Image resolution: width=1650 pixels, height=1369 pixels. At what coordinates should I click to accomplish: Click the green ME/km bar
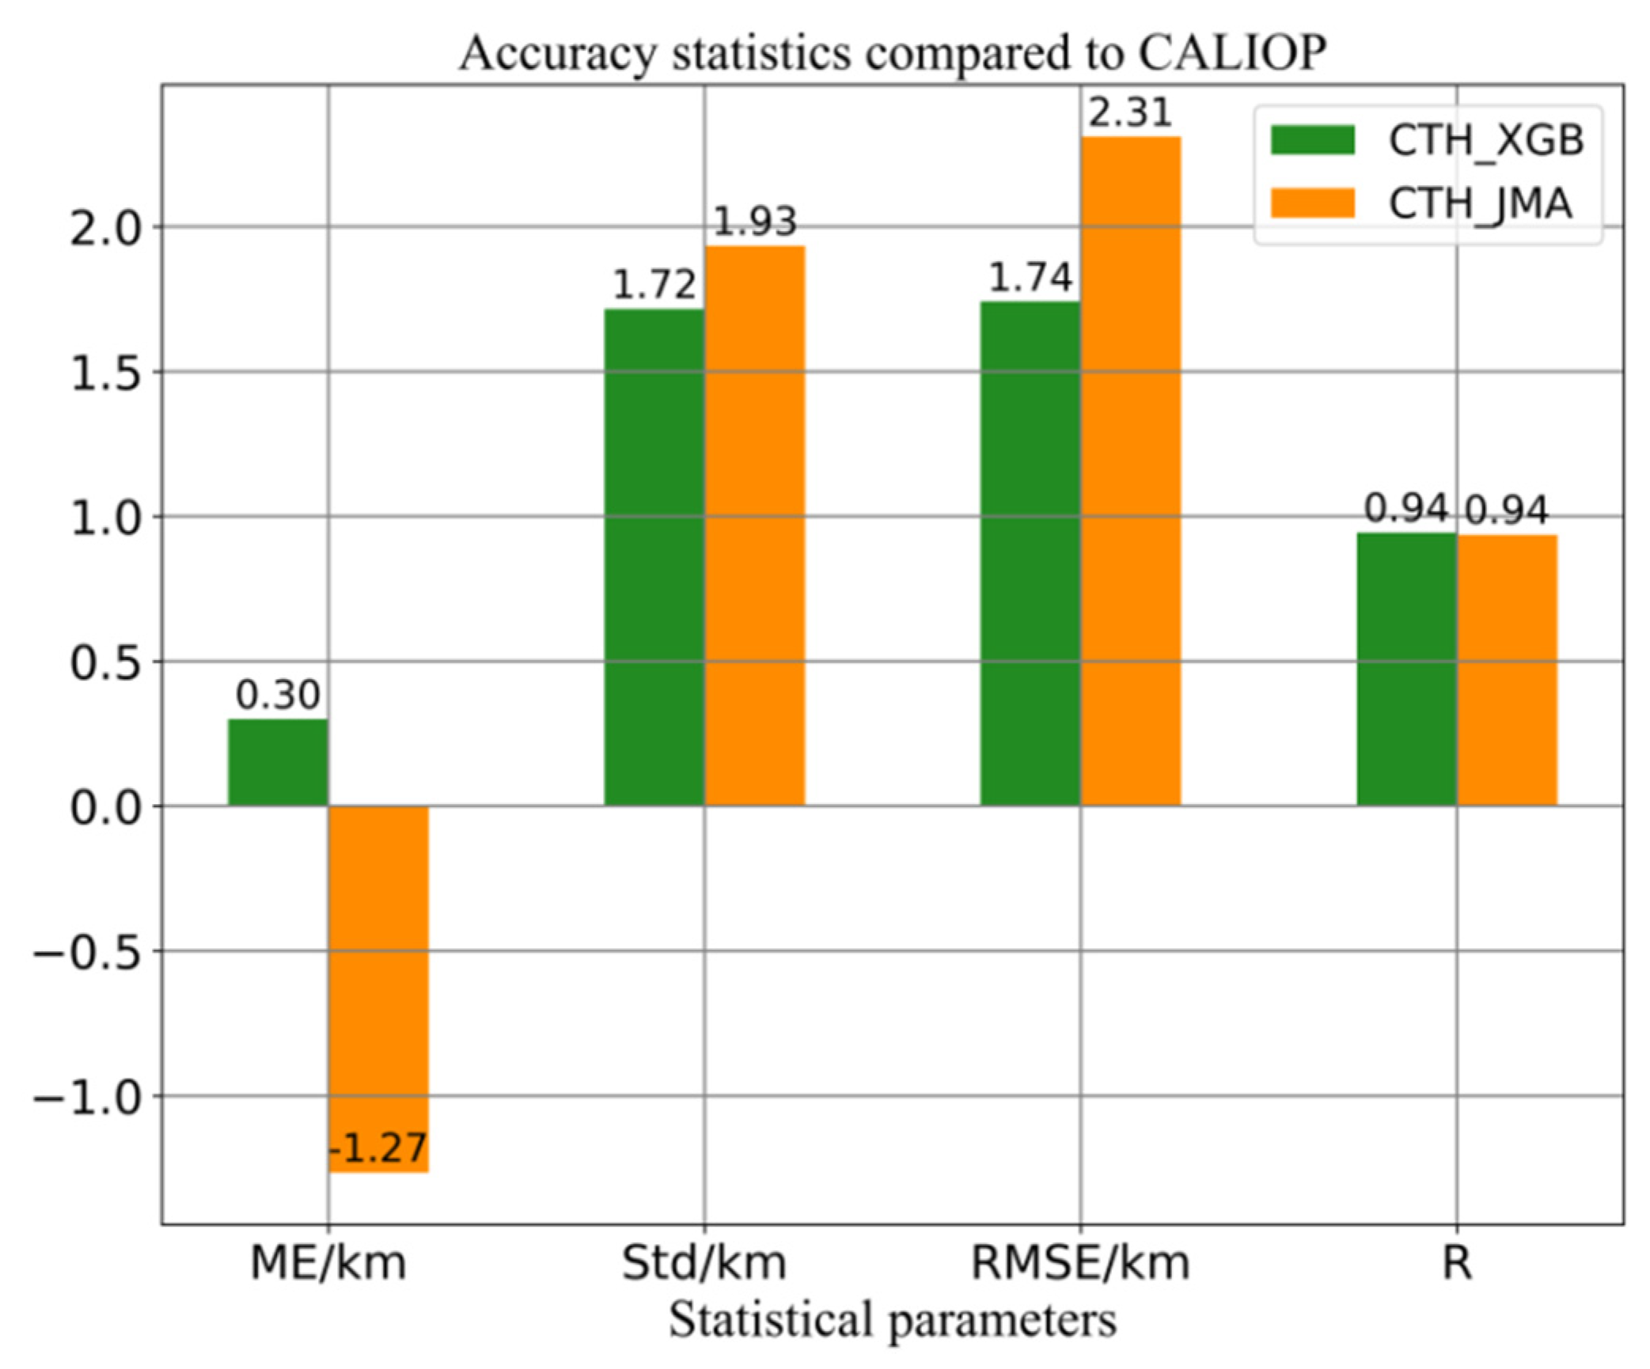pos(278,762)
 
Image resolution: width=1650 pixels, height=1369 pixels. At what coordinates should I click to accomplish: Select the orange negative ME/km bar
pos(378,988)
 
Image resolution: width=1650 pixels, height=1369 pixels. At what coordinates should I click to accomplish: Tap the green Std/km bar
pos(654,557)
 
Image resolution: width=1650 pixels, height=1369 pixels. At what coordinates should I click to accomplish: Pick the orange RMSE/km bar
pos(1130,471)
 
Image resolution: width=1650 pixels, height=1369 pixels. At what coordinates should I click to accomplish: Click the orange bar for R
pos(1507,670)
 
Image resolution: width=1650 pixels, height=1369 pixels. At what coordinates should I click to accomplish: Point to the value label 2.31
pos(1130,112)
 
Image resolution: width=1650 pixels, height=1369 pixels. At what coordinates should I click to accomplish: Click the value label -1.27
pos(378,1147)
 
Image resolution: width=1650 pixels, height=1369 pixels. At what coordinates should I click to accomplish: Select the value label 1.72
pos(654,285)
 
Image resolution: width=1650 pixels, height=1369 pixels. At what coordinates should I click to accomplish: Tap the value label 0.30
pos(278,695)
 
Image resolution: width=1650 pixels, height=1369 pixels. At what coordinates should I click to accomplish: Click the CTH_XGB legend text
pos(1486,141)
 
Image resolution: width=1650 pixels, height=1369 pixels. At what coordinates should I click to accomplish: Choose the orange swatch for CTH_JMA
pos(1313,203)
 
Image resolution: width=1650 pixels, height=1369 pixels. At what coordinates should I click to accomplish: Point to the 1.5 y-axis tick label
pos(106,372)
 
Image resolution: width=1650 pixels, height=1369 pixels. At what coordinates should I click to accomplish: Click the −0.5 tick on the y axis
pos(87,952)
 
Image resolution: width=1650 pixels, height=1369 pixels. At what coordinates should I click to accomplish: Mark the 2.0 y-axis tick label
pos(106,228)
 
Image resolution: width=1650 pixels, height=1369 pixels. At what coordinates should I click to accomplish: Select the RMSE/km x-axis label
pos(1080,1262)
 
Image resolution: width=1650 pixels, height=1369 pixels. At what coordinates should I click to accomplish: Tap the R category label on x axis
pos(1456,1262)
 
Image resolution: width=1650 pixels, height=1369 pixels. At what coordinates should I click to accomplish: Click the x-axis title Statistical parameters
pos(893,1320)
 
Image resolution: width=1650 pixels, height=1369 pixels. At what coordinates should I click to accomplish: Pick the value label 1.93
pos(755,222)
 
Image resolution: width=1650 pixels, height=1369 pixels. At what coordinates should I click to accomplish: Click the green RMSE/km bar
pos(1030,553)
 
